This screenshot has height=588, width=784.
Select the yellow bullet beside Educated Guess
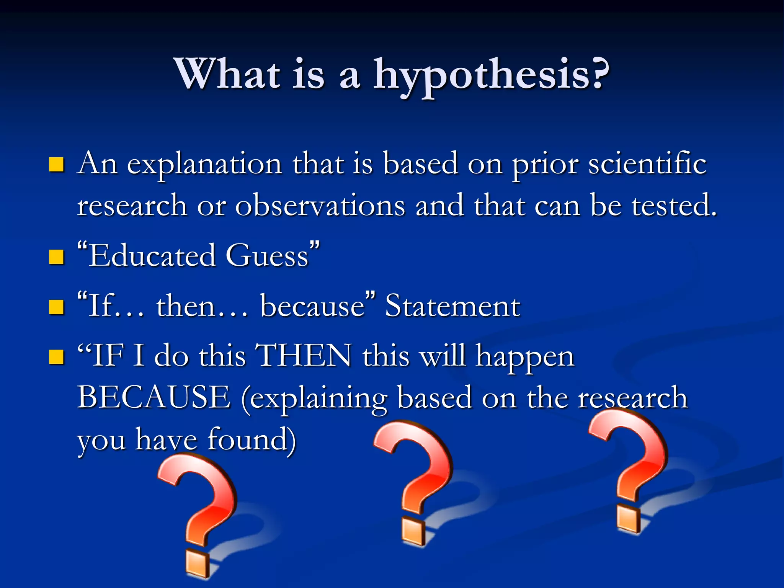[x=56, y=257]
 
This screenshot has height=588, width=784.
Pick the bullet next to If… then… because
[x=56, y=307]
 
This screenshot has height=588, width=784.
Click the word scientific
[x=647, y=164]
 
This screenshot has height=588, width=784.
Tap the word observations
[x=320, y=206]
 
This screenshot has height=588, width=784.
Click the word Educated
[x=152, y=256]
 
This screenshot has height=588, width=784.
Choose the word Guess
[x=267, y=256]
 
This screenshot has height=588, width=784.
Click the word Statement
[x=452, y=306]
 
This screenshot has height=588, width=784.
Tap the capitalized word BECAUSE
[x=154, y=397]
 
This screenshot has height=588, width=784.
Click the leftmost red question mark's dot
[x=198, y=563]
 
